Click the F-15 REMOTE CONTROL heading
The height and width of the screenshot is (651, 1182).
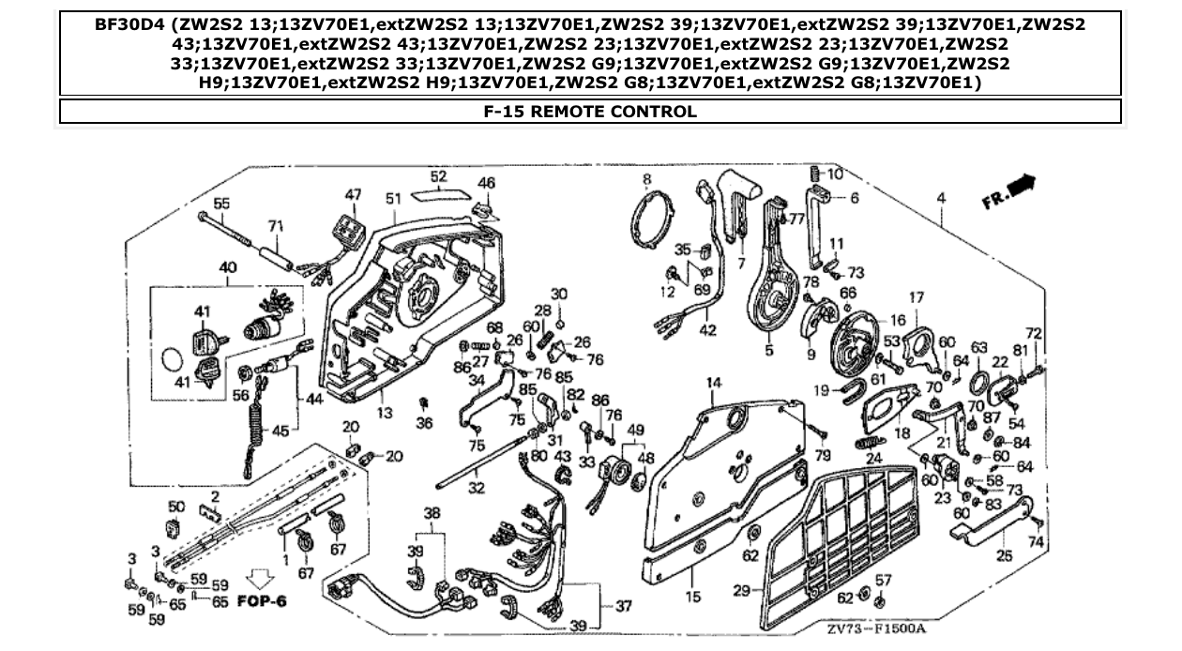[x=590, y=112]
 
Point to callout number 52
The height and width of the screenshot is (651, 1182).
[x=438, y=176]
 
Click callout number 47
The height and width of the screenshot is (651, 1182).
[x=352, y=194]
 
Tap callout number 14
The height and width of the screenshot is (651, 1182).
[x=715, y=383]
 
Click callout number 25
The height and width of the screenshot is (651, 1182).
[x=1004, y=555]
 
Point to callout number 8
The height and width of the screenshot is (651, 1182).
[x=646, y=178]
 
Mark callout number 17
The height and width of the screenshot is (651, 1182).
[x=916, y=298]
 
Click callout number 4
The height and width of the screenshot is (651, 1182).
[x=941, y=198]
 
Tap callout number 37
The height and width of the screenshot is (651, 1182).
[x=624, y=606]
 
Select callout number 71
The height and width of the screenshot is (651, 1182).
[x=276, y=226]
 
